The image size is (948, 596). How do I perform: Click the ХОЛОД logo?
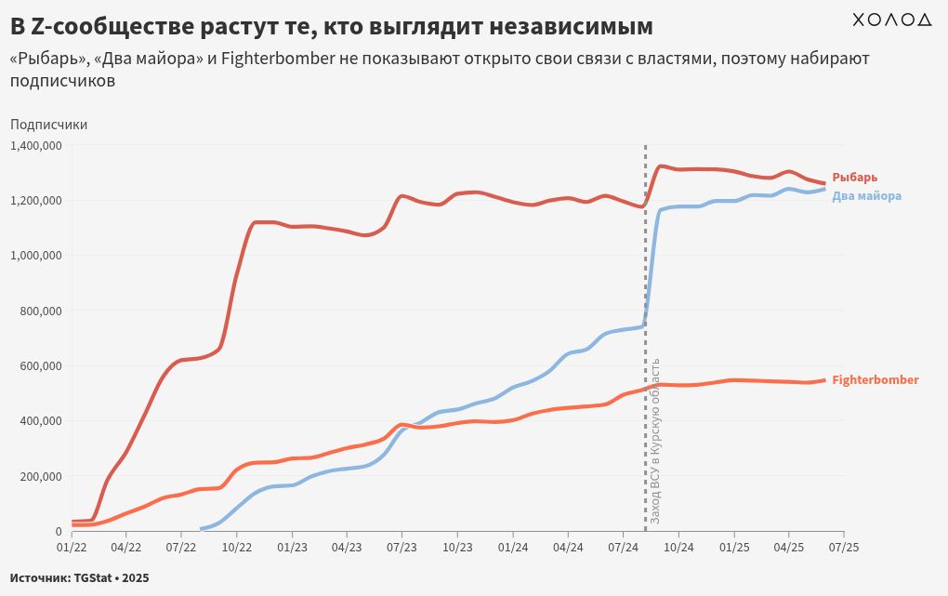(891, 20)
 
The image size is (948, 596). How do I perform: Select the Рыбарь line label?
(854, 177)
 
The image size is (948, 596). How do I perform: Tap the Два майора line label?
(866, 196)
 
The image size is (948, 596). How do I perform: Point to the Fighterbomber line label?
(876, 379)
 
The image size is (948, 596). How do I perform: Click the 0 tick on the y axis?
(58, 531)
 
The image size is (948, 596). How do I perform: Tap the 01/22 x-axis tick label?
(72, 549)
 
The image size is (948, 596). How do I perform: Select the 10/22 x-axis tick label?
(237, 549)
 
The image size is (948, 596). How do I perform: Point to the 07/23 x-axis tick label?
(402, 549)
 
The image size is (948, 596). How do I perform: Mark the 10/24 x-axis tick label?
(678, 549)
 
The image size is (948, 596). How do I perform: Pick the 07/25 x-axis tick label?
(843, 549)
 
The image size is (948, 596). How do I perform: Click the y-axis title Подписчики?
(48, 125)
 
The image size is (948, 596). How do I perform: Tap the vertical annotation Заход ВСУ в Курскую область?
(654, 439)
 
